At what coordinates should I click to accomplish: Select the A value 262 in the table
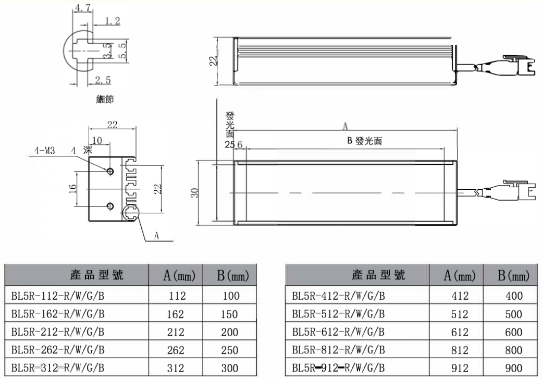point(176,350)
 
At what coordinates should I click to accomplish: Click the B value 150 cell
point(230,314)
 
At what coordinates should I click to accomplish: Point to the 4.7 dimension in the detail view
point(81,8)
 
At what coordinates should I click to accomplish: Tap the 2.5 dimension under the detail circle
point(103,78)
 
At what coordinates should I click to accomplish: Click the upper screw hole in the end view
point(110,171)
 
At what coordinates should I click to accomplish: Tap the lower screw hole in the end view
point(110,206)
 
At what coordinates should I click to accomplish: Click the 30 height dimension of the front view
point(194,193)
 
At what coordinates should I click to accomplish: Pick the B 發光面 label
point(365,140)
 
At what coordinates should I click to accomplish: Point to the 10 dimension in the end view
point(97,140)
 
